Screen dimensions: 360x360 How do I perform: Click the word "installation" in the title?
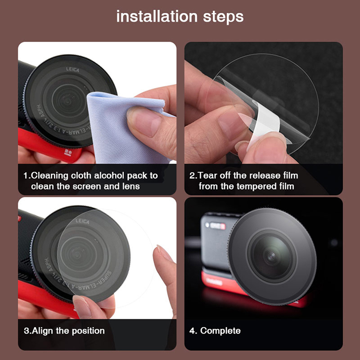pyautogui.click(x=157, y=17)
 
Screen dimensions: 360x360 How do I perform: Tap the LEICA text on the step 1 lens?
pyautogui.click(x=72, y=69)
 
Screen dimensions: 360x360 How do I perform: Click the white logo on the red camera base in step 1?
pyautogui.click(x=68, y=153)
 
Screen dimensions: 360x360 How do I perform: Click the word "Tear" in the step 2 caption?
pyautogui.click(x=207, y=175)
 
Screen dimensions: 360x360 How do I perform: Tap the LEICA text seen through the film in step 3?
pyautogui.click(x=82, y=221)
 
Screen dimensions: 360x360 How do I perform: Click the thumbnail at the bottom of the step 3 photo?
pyautogui.click(x=82, y=306)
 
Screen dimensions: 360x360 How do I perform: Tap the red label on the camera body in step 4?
pyautogui.click(x=218, y=226)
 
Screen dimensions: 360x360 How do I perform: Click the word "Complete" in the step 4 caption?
pyautogui.click(x=220, y=331)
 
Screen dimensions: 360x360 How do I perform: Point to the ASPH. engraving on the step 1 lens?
pyautogui.click(x=40, y=111)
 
